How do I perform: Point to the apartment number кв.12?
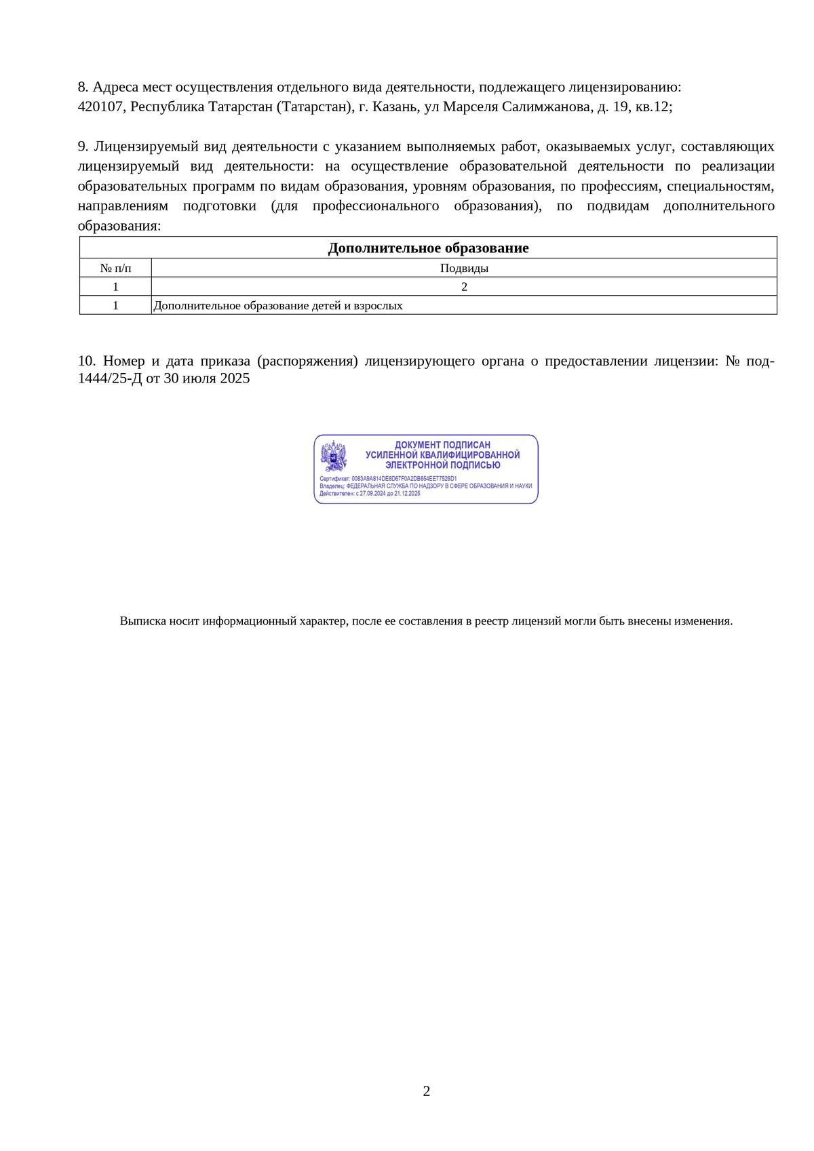click(652, 107)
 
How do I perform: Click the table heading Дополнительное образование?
click(428, 248)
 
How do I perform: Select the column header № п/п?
click(115, 268)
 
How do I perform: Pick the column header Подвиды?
click(464, 268)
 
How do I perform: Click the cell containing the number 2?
click(464, 287)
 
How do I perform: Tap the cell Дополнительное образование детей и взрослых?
click(278, 306)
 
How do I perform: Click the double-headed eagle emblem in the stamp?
click(333, 456)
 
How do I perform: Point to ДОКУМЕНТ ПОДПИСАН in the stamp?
click(442, 445)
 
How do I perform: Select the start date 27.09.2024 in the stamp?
click(372, 493)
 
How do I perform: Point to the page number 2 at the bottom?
click(427, 1091)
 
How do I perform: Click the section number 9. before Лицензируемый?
click(83, 147)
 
